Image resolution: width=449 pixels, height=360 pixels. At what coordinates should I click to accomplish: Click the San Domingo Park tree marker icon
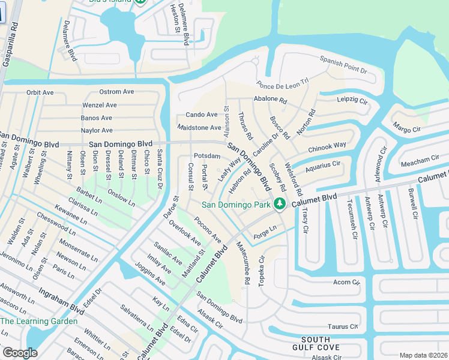coord(279,205)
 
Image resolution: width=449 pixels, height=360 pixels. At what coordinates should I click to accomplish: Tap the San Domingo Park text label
coord(237,205)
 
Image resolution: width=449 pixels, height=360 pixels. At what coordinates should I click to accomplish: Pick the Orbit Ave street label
coord(40,93)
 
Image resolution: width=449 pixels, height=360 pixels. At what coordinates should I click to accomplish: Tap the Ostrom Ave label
coord(116,92)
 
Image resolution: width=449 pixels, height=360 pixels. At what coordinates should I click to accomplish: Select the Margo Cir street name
coord(406,128)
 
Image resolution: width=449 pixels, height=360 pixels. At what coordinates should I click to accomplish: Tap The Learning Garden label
coord(39,321)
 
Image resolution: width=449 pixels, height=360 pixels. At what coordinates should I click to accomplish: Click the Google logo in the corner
coord(19,353)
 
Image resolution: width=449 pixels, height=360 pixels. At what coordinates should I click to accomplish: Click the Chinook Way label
coord(327,146)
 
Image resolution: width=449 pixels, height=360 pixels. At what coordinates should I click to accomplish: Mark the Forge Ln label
coord(265,229)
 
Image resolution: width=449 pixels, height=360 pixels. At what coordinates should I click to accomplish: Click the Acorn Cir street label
coord(346,282)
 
